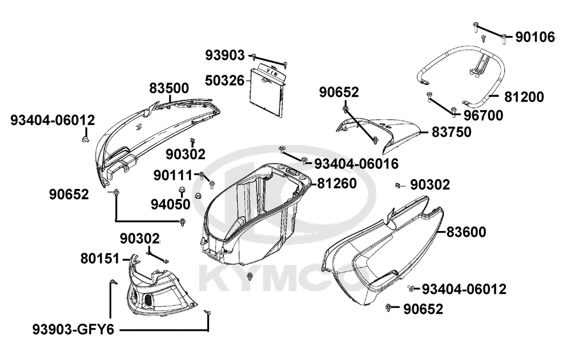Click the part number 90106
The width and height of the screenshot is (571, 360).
click(x=535, y=37)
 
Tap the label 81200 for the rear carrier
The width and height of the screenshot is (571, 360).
click(x=524, y=97)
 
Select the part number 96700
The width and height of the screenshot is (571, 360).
click(x=483, y=116)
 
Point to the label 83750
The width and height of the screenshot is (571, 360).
click(x=452, y=132)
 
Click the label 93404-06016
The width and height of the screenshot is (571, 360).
click(x=356, y=164)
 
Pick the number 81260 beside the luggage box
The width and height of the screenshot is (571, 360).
click(x=337, y=184)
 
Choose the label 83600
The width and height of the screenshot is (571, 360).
click(x=466, y=232)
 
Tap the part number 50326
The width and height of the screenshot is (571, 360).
click(x=224, y=80)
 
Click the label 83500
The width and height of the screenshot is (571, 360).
click(x=169, y=88)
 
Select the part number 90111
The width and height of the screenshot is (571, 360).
click(x=172, y=176)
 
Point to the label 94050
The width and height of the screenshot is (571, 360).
click(x=171, y=205)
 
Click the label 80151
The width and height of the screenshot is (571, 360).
click(x=100, y=259)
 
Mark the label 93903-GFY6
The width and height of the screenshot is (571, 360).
click(x=74, y=330)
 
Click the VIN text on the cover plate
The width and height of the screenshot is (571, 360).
click(x=272, y=71)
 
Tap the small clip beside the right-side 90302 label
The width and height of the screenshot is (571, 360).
click(x=398, y=185)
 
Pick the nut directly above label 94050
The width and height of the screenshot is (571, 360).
click(x=181, y=189)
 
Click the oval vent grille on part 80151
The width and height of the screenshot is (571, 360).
click(x=148, y=300)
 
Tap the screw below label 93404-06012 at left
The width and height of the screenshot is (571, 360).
click(x=86, y=139)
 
